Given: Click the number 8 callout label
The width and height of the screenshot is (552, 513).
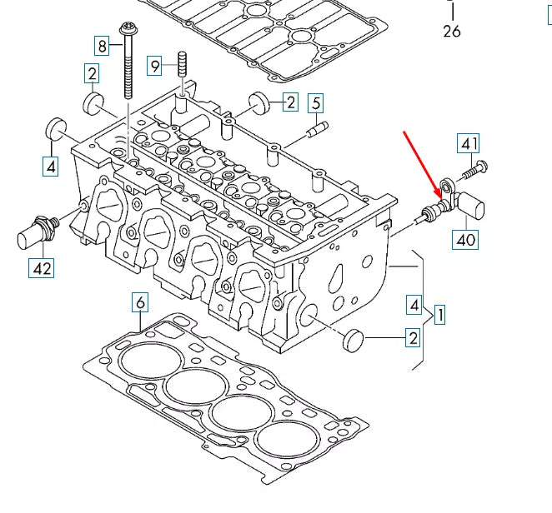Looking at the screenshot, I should tap(101, 45).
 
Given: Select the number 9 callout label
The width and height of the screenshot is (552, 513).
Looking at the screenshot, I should tap(155, 63).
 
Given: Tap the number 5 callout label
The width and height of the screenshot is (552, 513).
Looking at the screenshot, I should tap(315, 103).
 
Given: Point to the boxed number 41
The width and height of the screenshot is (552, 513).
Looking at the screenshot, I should tap(468, 142).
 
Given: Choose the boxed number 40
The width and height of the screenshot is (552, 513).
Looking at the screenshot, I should tap(465, 241).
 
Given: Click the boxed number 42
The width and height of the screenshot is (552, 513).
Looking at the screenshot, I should tap(41, 268).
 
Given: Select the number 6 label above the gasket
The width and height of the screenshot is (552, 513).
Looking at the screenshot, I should tap(140, 302).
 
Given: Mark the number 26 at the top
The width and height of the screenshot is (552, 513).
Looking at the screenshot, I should tap(451, 32).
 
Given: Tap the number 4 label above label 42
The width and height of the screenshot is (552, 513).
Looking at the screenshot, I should tap(51, 167).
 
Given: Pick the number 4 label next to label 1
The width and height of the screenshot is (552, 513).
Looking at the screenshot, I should tap(414, 305).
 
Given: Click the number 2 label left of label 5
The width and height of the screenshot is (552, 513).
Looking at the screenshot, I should tap(289, 102).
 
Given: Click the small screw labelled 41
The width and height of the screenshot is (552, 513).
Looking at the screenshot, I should tap(472, 171).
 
